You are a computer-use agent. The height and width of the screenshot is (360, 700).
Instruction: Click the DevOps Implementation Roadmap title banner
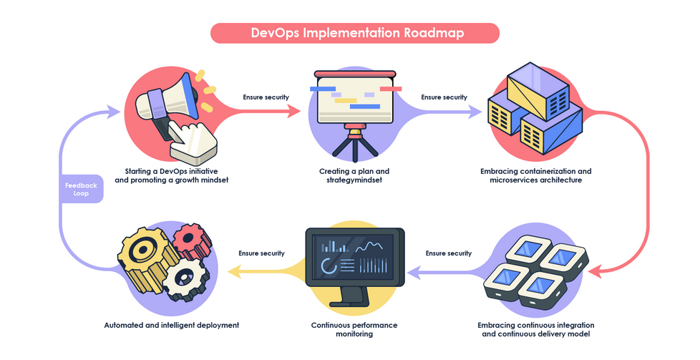[x=354, y=33]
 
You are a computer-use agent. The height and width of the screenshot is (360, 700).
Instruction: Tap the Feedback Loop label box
[x=81, y=189]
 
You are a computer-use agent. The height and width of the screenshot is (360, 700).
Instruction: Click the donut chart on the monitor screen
[x=330, y=266]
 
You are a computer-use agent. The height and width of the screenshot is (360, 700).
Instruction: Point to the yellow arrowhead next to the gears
[x=233, y=270]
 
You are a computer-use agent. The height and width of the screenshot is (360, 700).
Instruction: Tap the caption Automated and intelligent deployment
[x=171, y=325]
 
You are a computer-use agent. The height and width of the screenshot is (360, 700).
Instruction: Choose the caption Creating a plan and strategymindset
[x=354, y=175]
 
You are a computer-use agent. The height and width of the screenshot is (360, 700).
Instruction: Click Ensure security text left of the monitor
[x=261, y=253]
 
